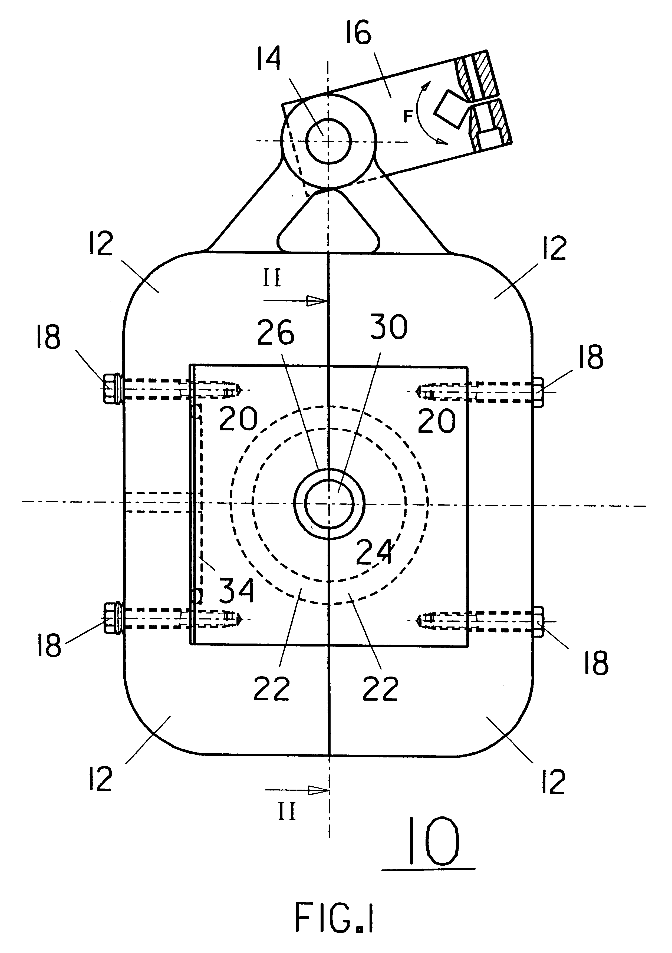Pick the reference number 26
(x=276, y=332)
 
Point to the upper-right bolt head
(x=538, y=392)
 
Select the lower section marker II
(x=287, y=811)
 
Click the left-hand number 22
(x=271, y=689)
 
